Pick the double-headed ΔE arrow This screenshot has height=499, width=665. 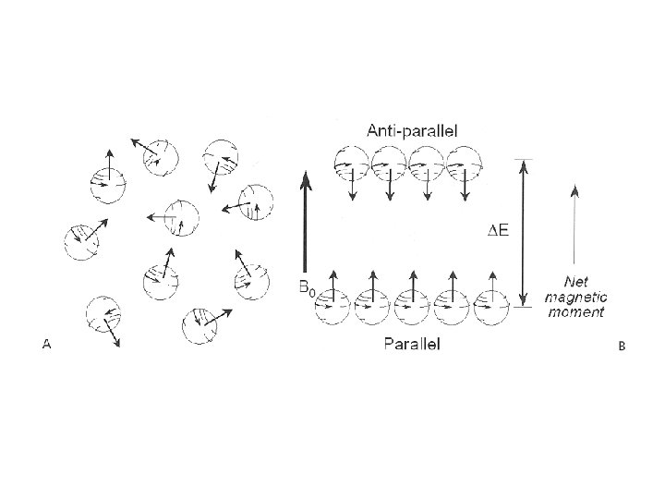[524, 231]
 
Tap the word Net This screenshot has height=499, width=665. [575, 280]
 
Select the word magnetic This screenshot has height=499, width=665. [574, 296]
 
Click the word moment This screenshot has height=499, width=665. [574, 311]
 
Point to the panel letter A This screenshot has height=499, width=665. [46, 345]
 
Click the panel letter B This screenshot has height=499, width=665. [622, 347]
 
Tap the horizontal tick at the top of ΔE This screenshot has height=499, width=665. [524, 159]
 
